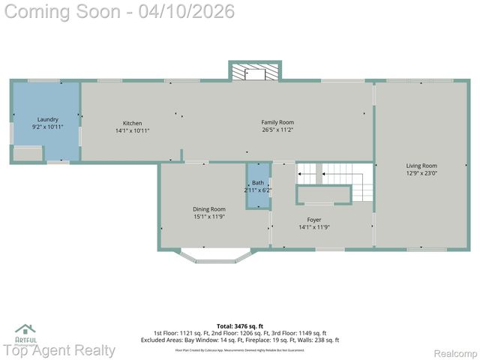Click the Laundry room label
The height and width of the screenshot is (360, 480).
[x=47, y=119]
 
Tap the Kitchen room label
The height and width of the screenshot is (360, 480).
[x=133, y=123]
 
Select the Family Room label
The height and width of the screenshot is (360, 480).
[x=277, y=122]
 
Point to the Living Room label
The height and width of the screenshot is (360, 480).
[x=421, y=166]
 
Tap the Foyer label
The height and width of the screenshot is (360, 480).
[x=314, y=220]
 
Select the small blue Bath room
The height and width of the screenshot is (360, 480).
[x=258, y=186]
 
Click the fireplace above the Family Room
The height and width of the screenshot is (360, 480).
[x=255, y=71]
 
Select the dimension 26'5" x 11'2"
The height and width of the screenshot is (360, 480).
[x=277, y=130]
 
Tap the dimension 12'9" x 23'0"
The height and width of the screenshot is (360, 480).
[x=421, y=173]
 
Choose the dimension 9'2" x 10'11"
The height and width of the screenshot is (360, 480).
[x=47, y=127]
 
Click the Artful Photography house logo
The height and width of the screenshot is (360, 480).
[x=25, y=329]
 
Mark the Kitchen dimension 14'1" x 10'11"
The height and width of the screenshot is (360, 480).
[x=133, y=130]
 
